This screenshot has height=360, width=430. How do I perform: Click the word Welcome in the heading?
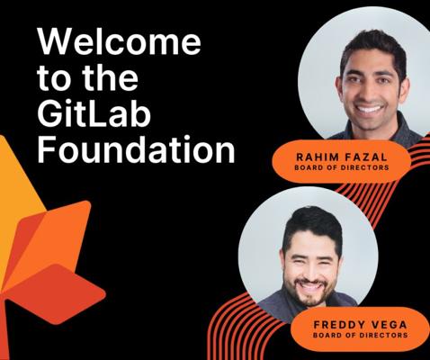coord(119,41)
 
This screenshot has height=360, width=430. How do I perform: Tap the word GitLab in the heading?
coord(94,113)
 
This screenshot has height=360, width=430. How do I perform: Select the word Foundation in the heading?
coord(136,149)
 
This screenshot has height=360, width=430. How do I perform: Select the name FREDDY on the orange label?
coord(339,324)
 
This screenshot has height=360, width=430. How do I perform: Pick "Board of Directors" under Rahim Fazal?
coord(342,167)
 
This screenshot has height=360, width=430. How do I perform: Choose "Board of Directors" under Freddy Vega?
coord(360,335)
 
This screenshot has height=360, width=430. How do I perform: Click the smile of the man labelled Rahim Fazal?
coord(370,108)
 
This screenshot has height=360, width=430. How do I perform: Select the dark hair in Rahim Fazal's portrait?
coord(373,45)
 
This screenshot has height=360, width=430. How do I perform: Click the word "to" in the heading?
coord(55,78)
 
